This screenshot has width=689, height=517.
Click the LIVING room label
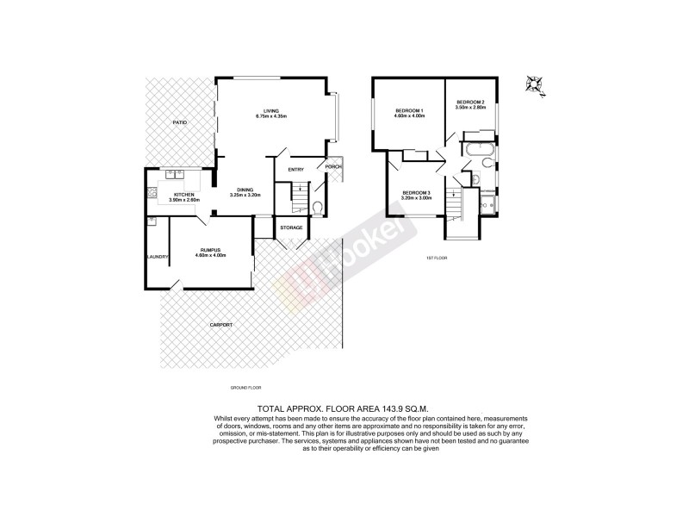[x=271, y=111]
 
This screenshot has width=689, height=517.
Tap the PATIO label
[x=179, y=123]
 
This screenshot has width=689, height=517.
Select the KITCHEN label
[x=184, y=195]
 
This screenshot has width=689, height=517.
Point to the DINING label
[x=245, y=190]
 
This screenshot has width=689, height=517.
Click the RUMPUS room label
[x=210, y=249]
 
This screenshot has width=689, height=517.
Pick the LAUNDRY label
[x=157, y=256]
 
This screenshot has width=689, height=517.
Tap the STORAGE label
[x=291, y=227]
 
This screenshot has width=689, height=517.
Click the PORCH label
[x=332, y=166]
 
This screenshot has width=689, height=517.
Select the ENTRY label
[x=296, y=170]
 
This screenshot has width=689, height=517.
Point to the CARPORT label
[x=222, y=325]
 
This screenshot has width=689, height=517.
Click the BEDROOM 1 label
[x=407, y=111]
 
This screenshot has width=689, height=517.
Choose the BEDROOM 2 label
[x=471, y=104]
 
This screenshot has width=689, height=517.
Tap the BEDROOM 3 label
[x=416, y=192]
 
